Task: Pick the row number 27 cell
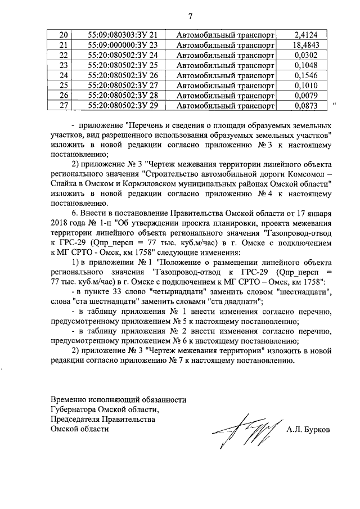tap(63, 105)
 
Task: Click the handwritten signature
tap(246, 432)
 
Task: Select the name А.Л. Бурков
tap(308, 430)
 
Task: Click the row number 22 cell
tap(63, 55)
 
